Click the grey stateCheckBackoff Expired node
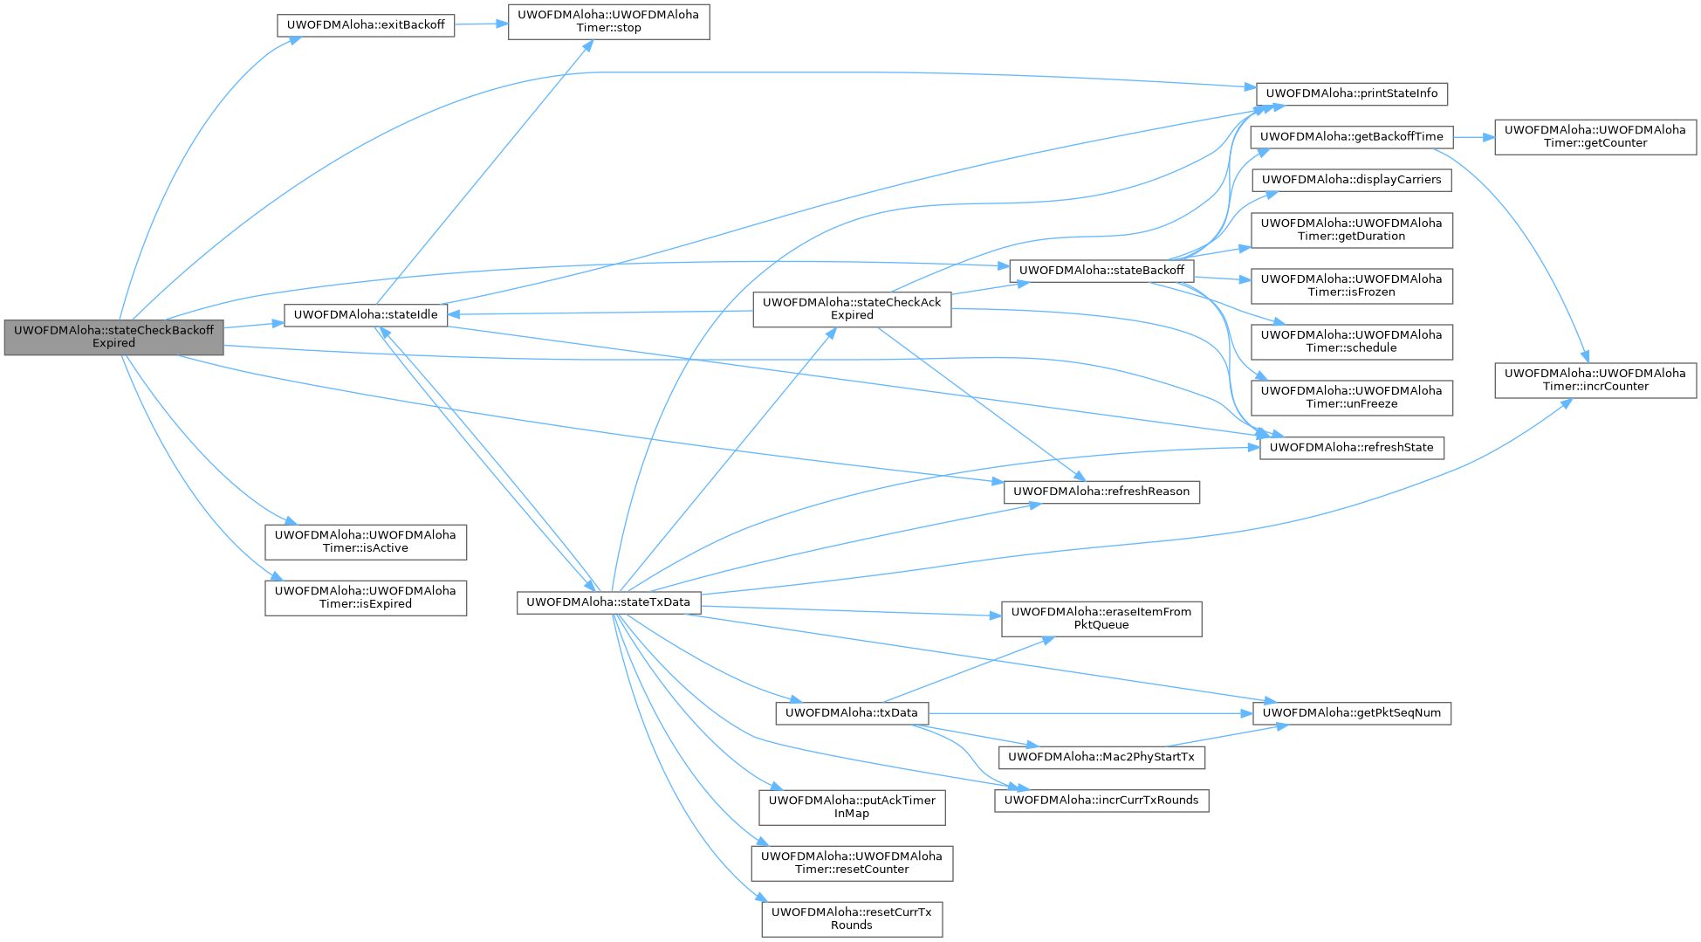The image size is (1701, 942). (113, 337)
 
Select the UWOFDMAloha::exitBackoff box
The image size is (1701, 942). (366, 25)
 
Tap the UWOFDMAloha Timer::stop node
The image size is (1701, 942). (608, 22)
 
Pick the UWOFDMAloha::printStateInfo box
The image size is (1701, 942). (1351, 93)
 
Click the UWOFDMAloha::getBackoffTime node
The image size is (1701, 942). (1351, 137)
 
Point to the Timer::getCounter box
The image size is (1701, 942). (1595, 137)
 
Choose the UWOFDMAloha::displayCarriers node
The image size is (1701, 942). (1351, 180)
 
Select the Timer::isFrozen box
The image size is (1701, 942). (1351, 286)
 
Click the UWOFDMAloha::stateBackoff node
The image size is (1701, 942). (1101, 271)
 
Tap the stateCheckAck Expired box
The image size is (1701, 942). (852, 309)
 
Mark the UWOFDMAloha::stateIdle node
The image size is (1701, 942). (366, 315)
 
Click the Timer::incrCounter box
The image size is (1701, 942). (1595, 380)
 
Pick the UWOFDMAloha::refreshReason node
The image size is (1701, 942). (1101, 492)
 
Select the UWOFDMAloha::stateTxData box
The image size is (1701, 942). (607, 602)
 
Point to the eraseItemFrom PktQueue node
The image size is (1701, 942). (1101, 618)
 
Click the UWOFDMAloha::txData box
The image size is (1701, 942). (851, 713)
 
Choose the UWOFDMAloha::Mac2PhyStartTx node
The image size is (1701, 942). (1101, 757)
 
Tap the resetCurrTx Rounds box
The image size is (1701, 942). (851, 918)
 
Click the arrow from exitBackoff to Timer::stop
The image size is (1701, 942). (481, 24)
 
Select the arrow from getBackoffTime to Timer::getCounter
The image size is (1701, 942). (1473, 137)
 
